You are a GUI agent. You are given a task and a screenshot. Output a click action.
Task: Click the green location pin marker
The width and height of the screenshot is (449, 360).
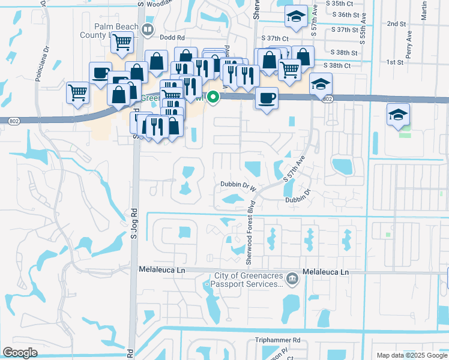[x=213, y=97]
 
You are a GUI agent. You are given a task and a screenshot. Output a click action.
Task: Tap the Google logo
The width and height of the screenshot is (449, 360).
[x=20, y=352]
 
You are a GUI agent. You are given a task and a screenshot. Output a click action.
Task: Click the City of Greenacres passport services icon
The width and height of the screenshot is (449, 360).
[x=292, y=277]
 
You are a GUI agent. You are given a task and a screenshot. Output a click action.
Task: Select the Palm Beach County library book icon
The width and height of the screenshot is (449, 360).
[x=148, y=28]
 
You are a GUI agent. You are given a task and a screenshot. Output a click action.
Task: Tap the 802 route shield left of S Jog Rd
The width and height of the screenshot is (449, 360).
[x=14, y=121]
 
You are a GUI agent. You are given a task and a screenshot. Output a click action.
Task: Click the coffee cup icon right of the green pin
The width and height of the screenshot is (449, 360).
[x=266, y=97]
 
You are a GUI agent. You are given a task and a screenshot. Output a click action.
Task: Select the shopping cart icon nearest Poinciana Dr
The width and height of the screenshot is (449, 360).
[x=77, y=93]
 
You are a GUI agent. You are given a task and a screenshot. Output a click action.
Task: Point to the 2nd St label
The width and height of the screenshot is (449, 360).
[x=397, y=23]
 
